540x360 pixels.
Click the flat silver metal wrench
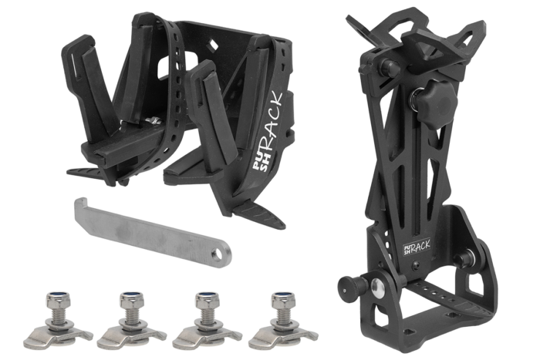click(x=151, y=233)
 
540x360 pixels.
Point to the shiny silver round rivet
click(x=379, y=286)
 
